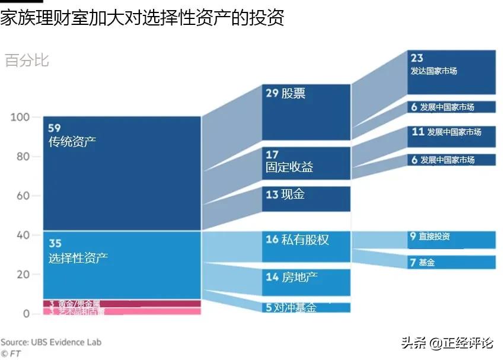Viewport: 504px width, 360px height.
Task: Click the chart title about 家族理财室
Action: point(142,18)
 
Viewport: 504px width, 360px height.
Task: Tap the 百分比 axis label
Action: point(27,60)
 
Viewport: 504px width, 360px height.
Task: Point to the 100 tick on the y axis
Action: point(20,117)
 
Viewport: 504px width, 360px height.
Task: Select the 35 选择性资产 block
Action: point(122,265)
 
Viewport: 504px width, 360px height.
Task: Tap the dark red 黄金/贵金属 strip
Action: point(122,304)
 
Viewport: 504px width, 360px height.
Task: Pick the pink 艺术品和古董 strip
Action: point(122,311)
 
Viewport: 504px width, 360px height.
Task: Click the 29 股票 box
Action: point(306,112)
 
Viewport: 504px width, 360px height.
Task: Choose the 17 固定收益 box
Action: point(306,163)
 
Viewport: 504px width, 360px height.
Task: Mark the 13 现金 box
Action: point(306,199)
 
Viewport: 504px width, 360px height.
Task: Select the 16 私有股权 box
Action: point(306,247)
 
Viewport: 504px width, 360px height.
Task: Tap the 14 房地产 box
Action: point(306,282)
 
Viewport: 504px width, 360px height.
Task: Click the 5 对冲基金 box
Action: point(306,308)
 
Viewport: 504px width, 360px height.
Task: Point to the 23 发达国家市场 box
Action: point(451,72)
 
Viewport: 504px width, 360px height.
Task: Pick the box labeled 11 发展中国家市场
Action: point(451,136)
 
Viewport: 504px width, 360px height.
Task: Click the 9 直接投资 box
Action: point(451,240)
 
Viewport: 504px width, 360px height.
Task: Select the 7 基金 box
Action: point(451,262)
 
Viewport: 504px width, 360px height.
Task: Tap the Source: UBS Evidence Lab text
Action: point(51,342)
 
